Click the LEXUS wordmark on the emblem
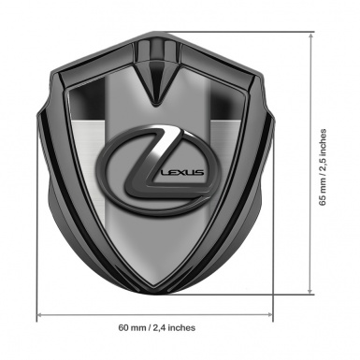click(x=182, y=172)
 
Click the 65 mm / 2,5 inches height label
click(x=323, y=167)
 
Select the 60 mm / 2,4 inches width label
click(x=157, y=327)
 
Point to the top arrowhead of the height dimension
click(x=310, y=36)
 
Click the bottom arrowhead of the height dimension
click(x=310, y=291)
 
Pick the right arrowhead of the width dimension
click(x=269, y=315)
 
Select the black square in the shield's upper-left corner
click(x=88, y=99)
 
